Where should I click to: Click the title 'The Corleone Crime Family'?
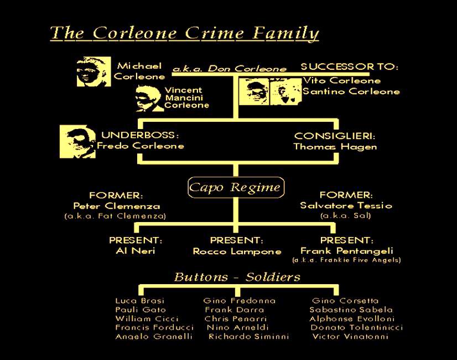[x=184, y=33]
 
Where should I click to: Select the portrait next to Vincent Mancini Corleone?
[x=148, y=98]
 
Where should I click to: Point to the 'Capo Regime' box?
[x=235, y=187]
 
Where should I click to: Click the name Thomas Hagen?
[x=335, y=147]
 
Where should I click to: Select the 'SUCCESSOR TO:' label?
[x=349, y=67]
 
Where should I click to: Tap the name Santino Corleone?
[x=351, y=91]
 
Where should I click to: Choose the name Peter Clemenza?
[x=117, y=205]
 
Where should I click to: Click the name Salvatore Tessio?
[x=346, y=205]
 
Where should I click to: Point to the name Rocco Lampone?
[x=237, y=251]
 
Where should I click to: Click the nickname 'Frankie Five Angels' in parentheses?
[x=346, y=260]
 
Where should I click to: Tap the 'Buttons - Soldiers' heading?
[x=237, y=277]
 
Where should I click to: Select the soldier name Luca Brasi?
[x=132, y=301]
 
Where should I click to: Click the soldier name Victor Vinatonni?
[x=350, y=336]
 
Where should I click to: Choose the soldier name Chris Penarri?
[x=236, y=318]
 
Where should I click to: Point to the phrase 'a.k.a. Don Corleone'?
[x=230, y=69]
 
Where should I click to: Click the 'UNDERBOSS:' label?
[x=140, y=136]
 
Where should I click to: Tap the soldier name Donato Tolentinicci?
[x=356, y=327]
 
